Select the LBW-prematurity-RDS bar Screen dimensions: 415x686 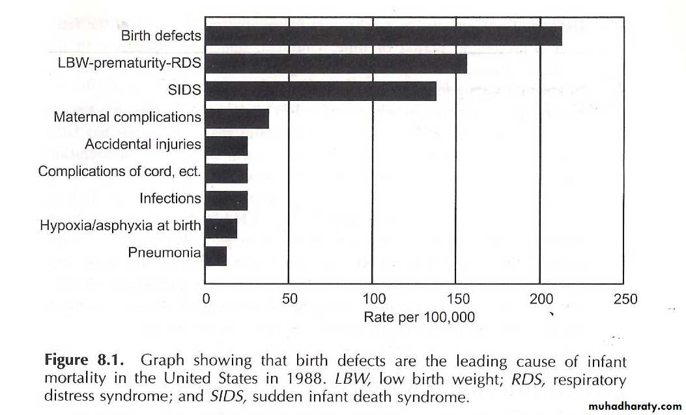click(x=336, y=63)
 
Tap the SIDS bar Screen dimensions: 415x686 click(x=320, y=91)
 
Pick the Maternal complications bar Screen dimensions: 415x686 click(x=236, y=118)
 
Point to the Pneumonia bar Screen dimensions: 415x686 click(x=215, y=256)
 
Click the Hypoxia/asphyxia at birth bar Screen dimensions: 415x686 click(x=220, y=227)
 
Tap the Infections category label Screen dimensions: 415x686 click(x=170, y=198)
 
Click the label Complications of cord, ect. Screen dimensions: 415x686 click(x=120, y=172)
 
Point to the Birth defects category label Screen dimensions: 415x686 click(x=161, y=36)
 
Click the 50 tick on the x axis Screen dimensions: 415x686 click(x=289, y=300)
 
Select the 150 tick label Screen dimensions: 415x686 click(x=457, y=300)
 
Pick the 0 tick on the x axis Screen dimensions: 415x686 click(x=206, y=300)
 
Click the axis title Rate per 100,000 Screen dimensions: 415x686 click(x=419, y=318)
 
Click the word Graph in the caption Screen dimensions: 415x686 click(x=163, y=360)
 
